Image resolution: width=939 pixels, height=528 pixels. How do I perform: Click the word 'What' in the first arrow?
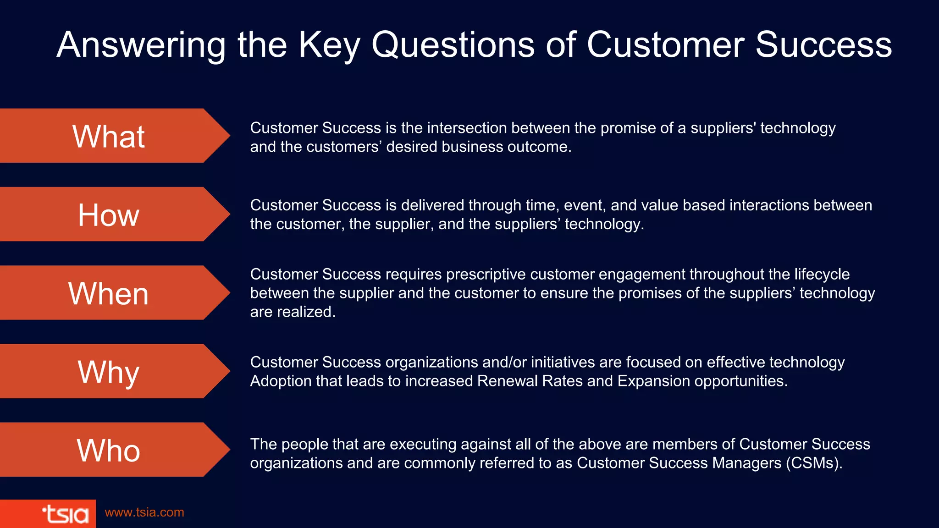[109, 137]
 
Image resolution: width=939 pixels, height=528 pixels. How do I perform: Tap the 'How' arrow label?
[109, 215]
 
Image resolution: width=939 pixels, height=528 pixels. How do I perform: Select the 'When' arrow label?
[109, 293]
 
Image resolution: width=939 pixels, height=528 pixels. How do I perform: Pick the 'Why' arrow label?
[109, 372]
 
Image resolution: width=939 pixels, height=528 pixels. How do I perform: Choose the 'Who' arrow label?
[109, 450]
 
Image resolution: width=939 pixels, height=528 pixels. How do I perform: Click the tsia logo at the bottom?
[65, 514]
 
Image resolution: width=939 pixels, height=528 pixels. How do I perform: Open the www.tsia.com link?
[144, 512]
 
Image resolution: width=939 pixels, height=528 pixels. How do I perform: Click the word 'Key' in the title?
[329, 45]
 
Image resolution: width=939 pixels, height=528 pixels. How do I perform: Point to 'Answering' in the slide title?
[141, 45]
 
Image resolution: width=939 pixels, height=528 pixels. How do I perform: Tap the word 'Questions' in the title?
[453, 45]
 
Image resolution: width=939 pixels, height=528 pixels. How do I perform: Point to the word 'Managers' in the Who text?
[746, 463]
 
